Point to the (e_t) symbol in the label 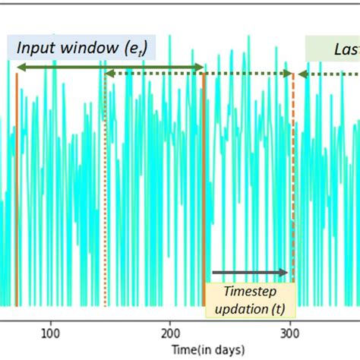pos(135,49)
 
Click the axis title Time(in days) pos(207,349)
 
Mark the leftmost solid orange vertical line pos(17,190)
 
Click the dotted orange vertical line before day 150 pos(105,190)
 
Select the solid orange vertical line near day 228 pos(204,190)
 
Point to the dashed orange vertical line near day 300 pos(293,190)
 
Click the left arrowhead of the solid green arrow pos(20,68)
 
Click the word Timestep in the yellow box pos(250,292)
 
